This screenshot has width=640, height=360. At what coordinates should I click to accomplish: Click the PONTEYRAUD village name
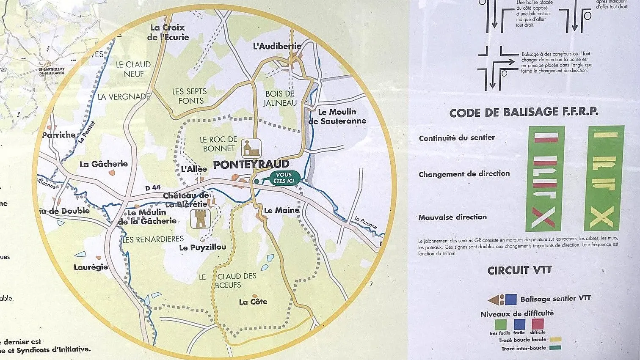click(x=251, y=165)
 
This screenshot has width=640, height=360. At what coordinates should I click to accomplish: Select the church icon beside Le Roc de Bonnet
click(x=251, y=148)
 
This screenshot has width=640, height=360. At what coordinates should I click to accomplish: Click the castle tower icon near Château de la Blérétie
click(x=200, y=219)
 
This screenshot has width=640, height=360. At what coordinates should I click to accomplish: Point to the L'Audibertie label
click(x=277, y=46)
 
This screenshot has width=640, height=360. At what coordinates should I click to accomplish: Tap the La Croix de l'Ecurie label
click(x=168, y=32)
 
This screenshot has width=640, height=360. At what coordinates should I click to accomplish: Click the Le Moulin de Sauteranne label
click(x=337, y=116)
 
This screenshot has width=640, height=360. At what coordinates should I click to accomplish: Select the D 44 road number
click(x=153, y=188)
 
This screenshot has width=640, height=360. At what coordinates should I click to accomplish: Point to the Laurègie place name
click(x=91, y=267)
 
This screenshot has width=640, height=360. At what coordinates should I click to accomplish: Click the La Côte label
click(x=253, y=302)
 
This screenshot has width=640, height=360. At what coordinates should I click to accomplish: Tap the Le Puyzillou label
click(x=203, y=247)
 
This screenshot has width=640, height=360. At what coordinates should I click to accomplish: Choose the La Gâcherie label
click(x=104, y=164)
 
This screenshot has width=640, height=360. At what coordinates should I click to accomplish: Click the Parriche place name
click(x=59, y=135)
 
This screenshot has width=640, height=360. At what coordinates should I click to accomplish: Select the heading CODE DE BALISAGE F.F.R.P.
click(x=524, y=112)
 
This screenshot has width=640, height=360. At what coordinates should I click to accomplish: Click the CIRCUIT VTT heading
click(x=520, y=270)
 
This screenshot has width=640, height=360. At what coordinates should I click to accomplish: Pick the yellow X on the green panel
click(x=601, y=217)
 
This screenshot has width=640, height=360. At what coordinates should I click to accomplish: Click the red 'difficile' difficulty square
click(x=538, y=324)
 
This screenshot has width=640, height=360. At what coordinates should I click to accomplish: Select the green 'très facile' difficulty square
click(x=500, y=324)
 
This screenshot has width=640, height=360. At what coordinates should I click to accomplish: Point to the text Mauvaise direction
click(x=452, y=217)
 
